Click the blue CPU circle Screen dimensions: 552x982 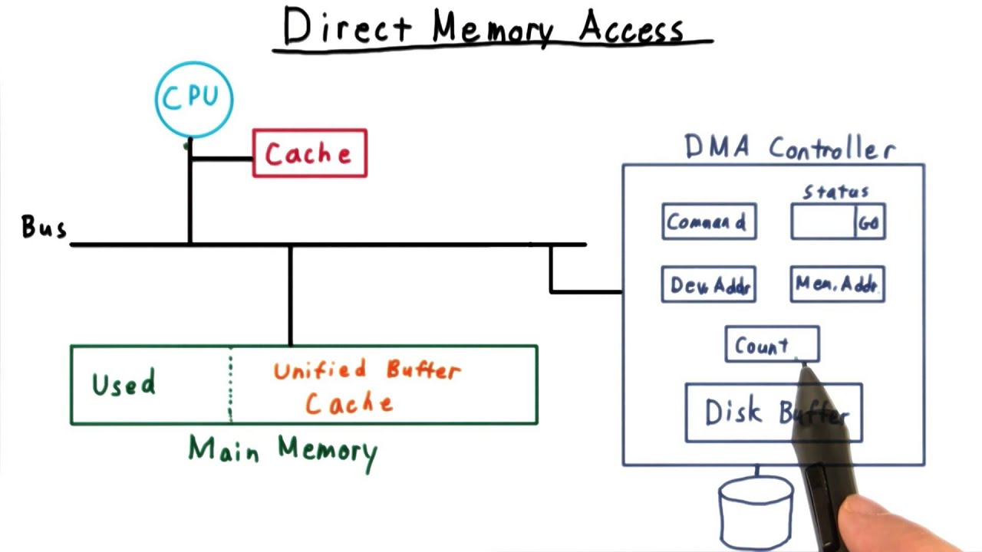(193, 98)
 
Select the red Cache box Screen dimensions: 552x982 (310, 153)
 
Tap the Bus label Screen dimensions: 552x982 (44, 228)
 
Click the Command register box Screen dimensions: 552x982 (709, 222)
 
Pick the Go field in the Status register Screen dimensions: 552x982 (870, 223)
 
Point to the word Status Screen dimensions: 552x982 (835, 191)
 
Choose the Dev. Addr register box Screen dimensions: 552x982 (709, 284)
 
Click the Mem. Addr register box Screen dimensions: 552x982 (837, 284)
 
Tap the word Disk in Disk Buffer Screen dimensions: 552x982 (734, 412)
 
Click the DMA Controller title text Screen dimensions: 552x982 (789, 147)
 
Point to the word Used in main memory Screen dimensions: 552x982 (124, 383)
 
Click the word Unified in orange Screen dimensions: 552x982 (320, 371)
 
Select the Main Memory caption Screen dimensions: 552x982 (283, 450)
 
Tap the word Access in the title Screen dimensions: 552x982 (631, 28)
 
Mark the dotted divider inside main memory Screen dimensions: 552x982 (230, 385)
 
